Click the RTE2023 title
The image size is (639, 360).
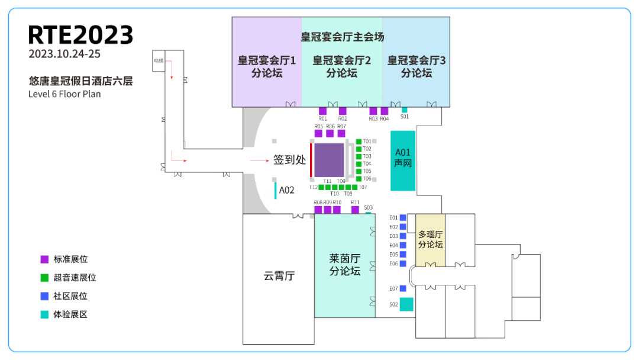click(80, 35)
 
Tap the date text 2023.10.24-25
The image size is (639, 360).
click(64, 54)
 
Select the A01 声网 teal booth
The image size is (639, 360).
click(403, 160)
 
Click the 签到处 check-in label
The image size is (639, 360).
click(289, 160)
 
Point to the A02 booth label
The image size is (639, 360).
click(286, 190)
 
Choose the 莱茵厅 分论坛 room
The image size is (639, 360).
click(344, 265)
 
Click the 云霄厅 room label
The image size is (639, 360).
click(279, 276)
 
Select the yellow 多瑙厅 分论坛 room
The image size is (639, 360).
click(430, 240)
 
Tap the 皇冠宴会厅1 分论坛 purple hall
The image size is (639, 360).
click(267, 66)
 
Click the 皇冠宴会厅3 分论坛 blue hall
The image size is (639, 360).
click(417, 66)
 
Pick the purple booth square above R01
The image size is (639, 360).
click(322, 111)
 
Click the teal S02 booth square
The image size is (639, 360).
click(406, 304)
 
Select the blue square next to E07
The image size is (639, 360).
click(403, 288)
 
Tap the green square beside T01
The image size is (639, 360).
click(359, 142)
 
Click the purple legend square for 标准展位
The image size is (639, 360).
click(44, 259)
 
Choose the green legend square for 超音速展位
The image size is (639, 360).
click(44, 278)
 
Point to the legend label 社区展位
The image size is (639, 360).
click(70, 296)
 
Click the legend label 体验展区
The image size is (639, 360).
click(70, 314)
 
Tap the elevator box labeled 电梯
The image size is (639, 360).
click(158, 61)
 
